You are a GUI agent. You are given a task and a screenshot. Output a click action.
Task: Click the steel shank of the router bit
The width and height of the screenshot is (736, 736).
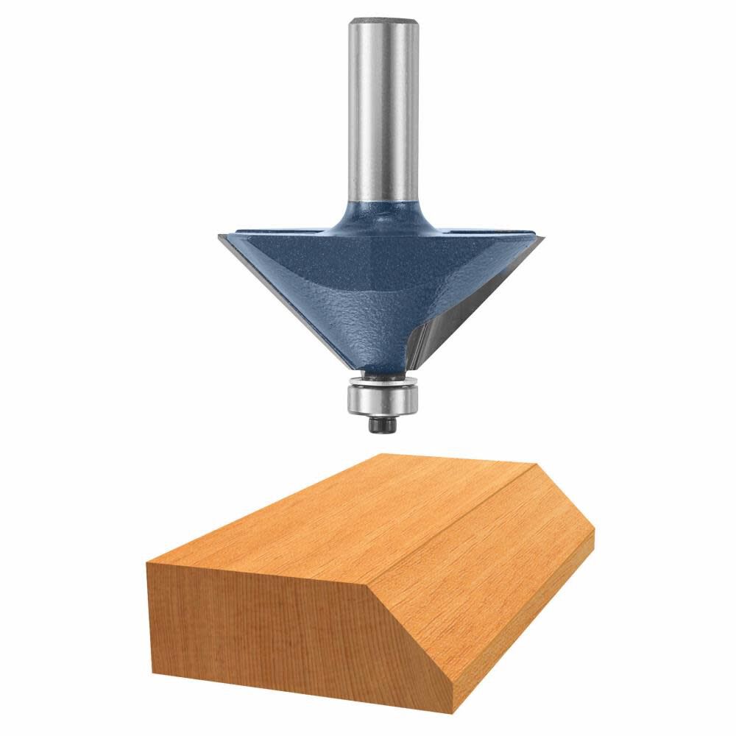(x=379, y=110)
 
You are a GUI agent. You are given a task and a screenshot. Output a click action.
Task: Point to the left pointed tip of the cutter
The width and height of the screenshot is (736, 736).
(x=218, y=237)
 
